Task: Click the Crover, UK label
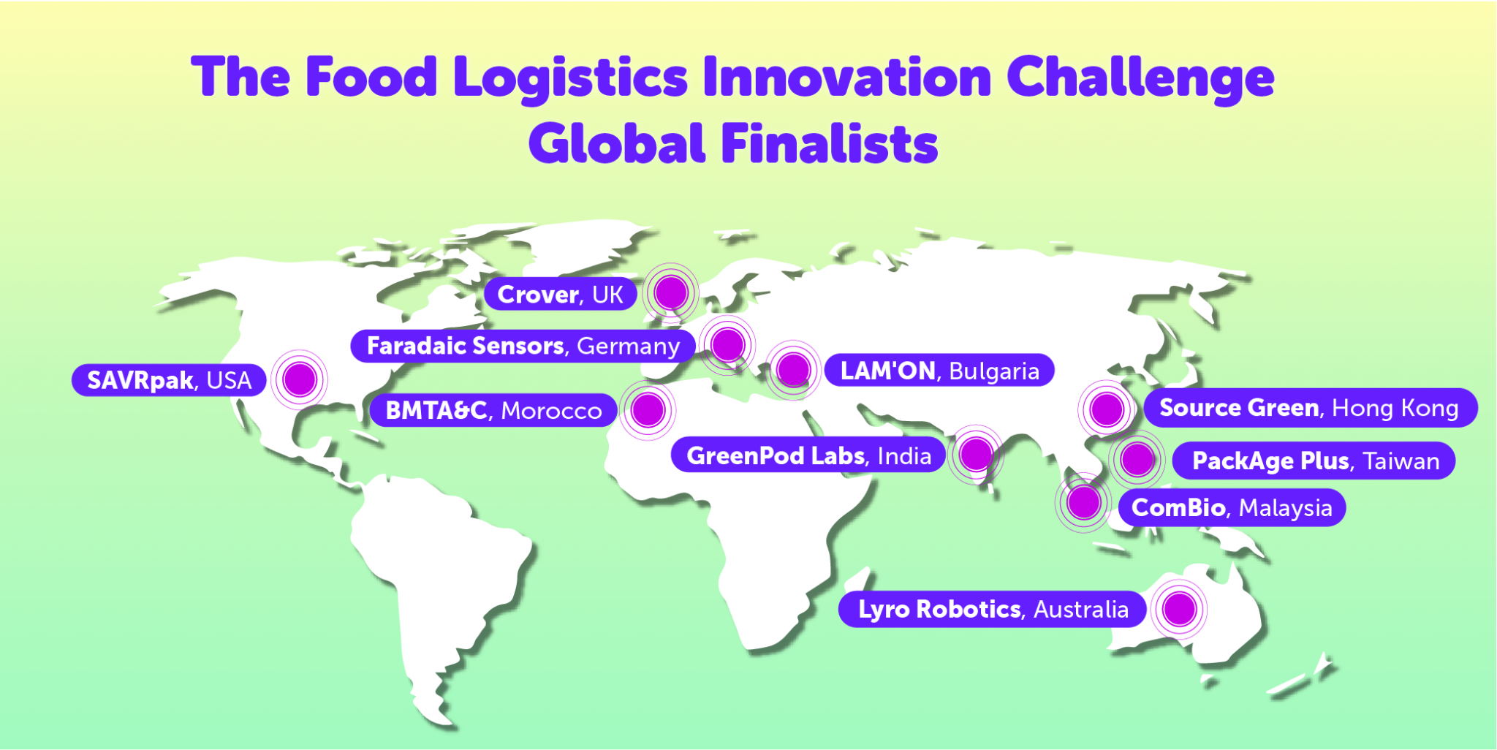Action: click(x=560, y=294)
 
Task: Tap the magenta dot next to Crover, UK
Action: click(x=671, y=292)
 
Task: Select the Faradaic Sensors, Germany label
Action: click(x=523, y=346)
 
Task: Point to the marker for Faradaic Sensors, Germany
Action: click(x=727, y=344)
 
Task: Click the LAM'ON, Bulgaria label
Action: click(x=939, y=371)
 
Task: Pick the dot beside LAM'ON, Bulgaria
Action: click(x=793, y=369)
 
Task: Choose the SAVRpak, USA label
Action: click(x=169, y=380)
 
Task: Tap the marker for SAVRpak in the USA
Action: click(x=300, y=379)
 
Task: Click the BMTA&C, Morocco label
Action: click(x=493, y=411)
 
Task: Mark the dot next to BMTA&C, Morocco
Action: click(x=648, y=409)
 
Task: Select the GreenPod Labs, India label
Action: click(x=808, y=456)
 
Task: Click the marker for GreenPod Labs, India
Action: click(x=976, y=455)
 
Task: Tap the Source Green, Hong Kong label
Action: click(x=1309, y=408)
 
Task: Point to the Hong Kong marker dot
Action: click(x=1107, y=409)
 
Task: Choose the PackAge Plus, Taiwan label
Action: click(x=1315, y=461)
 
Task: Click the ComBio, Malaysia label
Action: click(x=1232, y=507)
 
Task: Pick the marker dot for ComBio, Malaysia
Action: click(x=1083, y=502)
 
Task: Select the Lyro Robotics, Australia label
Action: click(x=993, y=609)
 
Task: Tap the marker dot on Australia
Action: click(x=1179, y=608)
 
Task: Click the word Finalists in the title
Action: click(x=830, y=143)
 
